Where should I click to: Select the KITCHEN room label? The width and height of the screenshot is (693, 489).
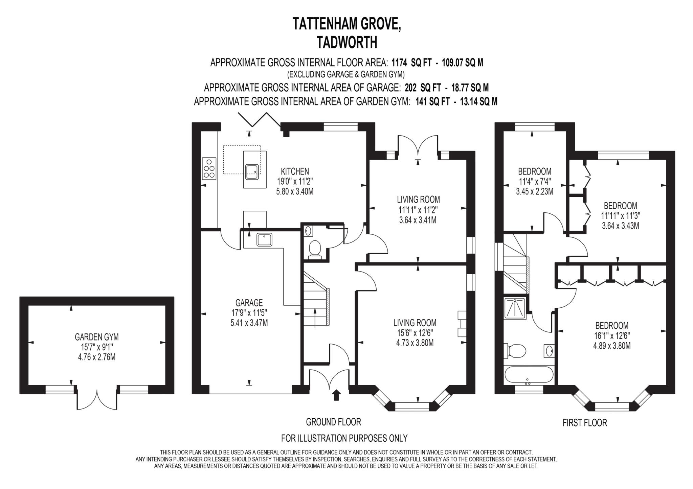[x=295, y=171]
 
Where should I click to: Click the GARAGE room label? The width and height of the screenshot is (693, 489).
[x=249, y=302]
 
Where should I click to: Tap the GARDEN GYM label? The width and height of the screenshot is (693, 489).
[x=97, y=337]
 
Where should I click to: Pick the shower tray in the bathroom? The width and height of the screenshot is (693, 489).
[x=515, y=308]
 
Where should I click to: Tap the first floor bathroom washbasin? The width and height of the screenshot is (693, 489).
[x=549, y=351]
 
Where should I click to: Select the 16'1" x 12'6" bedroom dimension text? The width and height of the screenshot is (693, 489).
[x=612, y=336]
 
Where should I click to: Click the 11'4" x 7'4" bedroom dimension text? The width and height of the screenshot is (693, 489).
[x=534, y=181]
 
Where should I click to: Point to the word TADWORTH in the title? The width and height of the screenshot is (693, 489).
[x=346, y=43]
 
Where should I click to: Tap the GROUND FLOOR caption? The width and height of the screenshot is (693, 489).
[x=333, y=422]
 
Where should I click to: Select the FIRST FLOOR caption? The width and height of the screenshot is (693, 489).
[x=585, y=423]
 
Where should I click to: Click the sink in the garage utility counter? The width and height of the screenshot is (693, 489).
[x=264, y=239]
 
